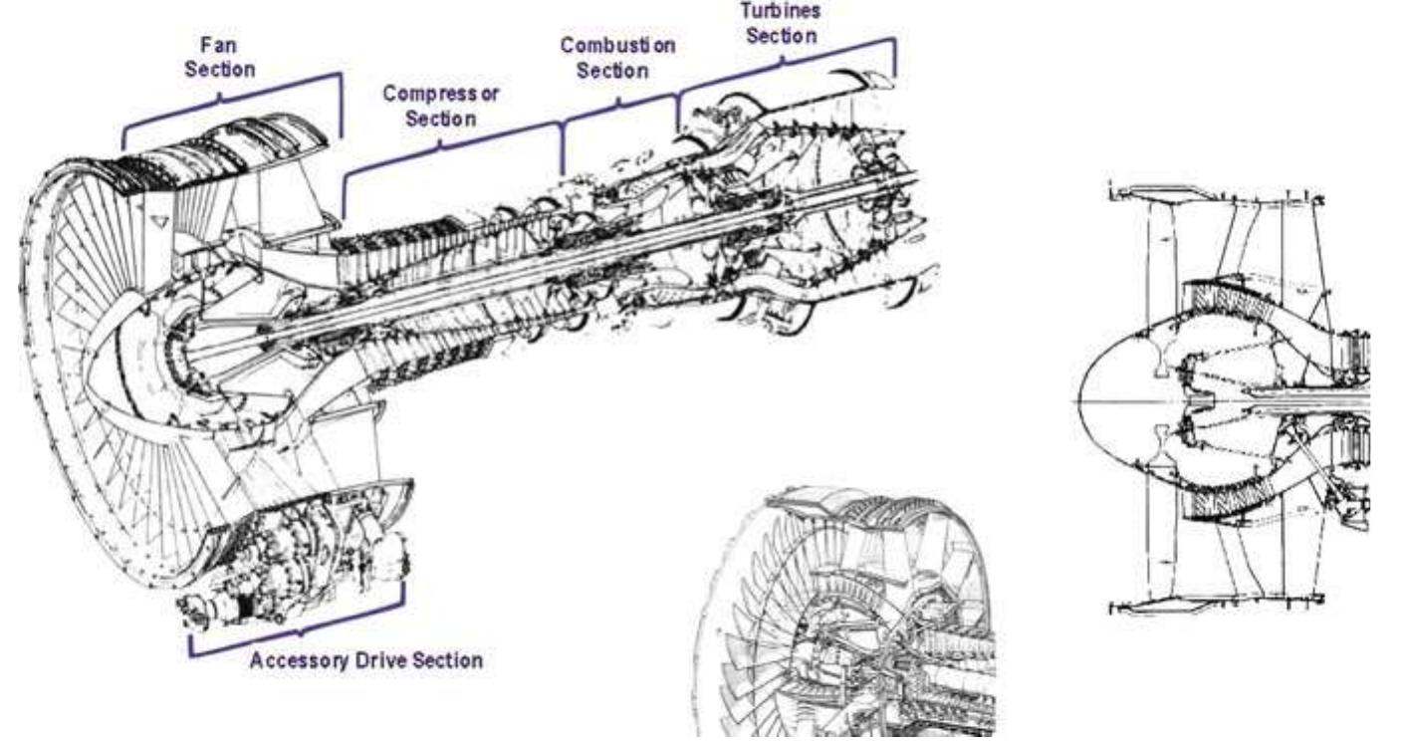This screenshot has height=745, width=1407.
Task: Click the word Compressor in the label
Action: (x=442, y=95)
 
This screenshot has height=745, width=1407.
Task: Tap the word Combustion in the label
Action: (x=617, y=47)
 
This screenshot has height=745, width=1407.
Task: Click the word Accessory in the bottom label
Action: (x=296, y=661)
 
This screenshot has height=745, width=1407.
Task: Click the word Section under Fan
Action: (x=219, y=71)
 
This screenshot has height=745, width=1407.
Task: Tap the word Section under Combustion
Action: (x=617, y=71)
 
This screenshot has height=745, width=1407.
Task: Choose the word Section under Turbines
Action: (x=783, y=35)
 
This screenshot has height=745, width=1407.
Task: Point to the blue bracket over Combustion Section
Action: (x=619, y=104)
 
